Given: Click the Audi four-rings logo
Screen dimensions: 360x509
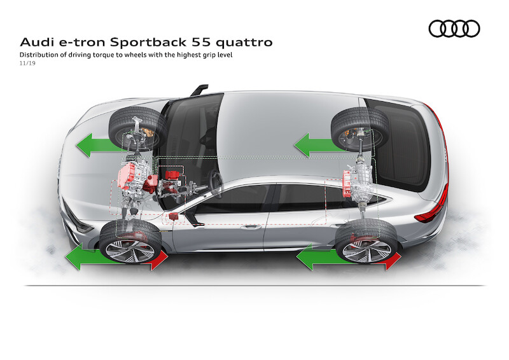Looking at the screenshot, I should click(x=454, y=29).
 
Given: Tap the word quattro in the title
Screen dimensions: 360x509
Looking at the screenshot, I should click(x=244, y=43).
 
